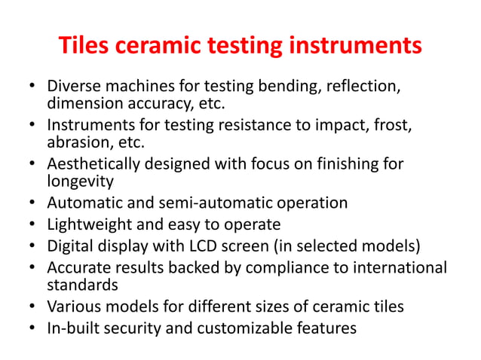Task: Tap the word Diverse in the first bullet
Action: (74, 87)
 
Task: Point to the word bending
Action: (289, 87)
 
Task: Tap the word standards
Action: (81, 285)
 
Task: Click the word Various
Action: (75, 307)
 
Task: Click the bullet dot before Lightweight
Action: (32, 224)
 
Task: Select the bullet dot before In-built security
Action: (32, 328)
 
